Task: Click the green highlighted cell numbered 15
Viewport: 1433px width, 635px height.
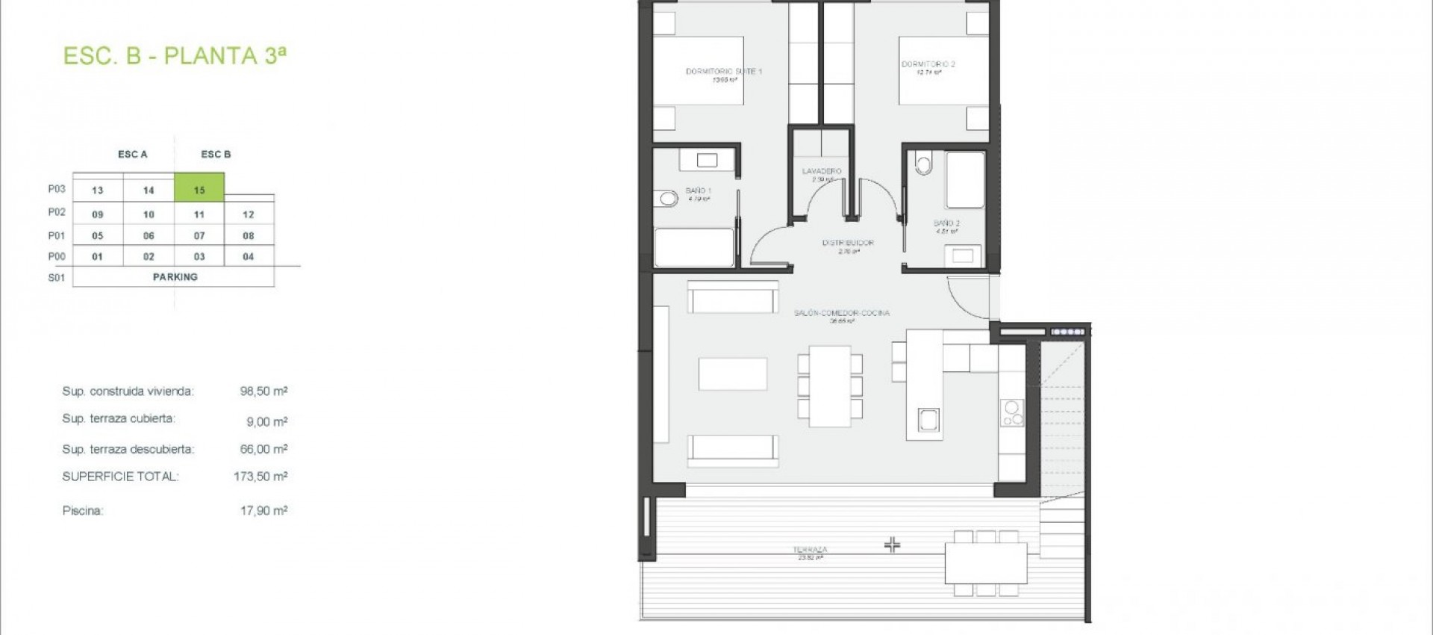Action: tap(199, 188)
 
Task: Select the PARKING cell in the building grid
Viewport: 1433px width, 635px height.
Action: tap(175, 277)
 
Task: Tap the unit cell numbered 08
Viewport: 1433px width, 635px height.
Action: tap(249, 235)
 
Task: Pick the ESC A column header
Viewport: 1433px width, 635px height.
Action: tap(133, 155)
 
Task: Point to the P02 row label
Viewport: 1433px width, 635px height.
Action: tap(57, 212)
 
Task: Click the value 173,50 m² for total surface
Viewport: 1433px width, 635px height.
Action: tap(260, 476)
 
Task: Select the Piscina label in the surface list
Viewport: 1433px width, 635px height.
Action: tap(83, 511)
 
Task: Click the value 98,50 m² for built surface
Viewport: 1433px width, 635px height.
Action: tap(263, 391)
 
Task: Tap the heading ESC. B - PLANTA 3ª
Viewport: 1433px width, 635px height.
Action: tap(175, 56)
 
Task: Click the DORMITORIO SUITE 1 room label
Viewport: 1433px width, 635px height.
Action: tap(723, 72)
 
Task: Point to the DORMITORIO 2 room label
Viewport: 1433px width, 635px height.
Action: tap(928, 64)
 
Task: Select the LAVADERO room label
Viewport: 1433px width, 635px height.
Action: tap(822, 171)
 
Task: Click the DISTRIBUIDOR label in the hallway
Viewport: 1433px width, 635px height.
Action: tap(848, 243)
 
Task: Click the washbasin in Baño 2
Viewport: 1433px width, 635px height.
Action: tap(963, 256)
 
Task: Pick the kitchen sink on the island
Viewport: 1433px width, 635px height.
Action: tap(928, 420)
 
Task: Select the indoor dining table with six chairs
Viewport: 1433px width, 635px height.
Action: tap(830, 385)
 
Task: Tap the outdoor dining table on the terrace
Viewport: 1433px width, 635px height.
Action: tap(985, 563)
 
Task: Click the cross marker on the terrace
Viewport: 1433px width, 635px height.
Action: tap(892, 545)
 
